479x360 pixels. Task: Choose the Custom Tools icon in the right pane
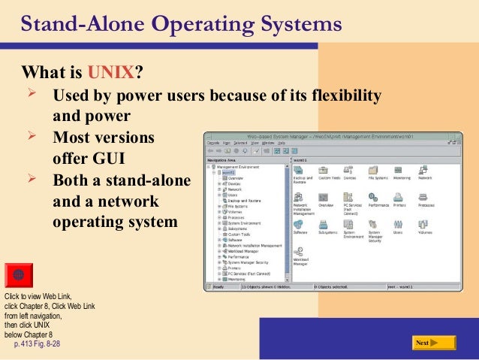(325, 171)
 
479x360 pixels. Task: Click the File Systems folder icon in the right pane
(373, 171)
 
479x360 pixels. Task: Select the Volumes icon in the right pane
(423, 224)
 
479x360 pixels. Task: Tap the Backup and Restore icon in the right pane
(300, 171)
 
